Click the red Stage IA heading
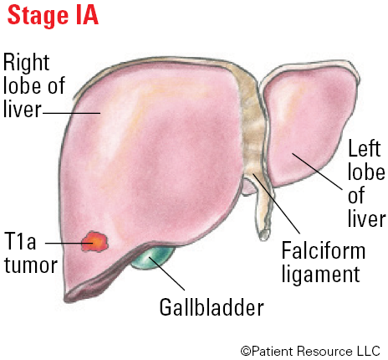53,15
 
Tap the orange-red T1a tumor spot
94,242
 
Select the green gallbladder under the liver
152,258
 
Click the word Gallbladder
212,307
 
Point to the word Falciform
324,250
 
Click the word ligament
320,274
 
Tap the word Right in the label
26,64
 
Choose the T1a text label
20,241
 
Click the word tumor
31,265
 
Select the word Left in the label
365,148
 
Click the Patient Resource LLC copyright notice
310,351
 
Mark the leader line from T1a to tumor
69,243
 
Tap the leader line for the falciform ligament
276,203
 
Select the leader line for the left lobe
317,171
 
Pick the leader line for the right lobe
71,113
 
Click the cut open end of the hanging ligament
263,234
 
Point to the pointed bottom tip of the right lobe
66,299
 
